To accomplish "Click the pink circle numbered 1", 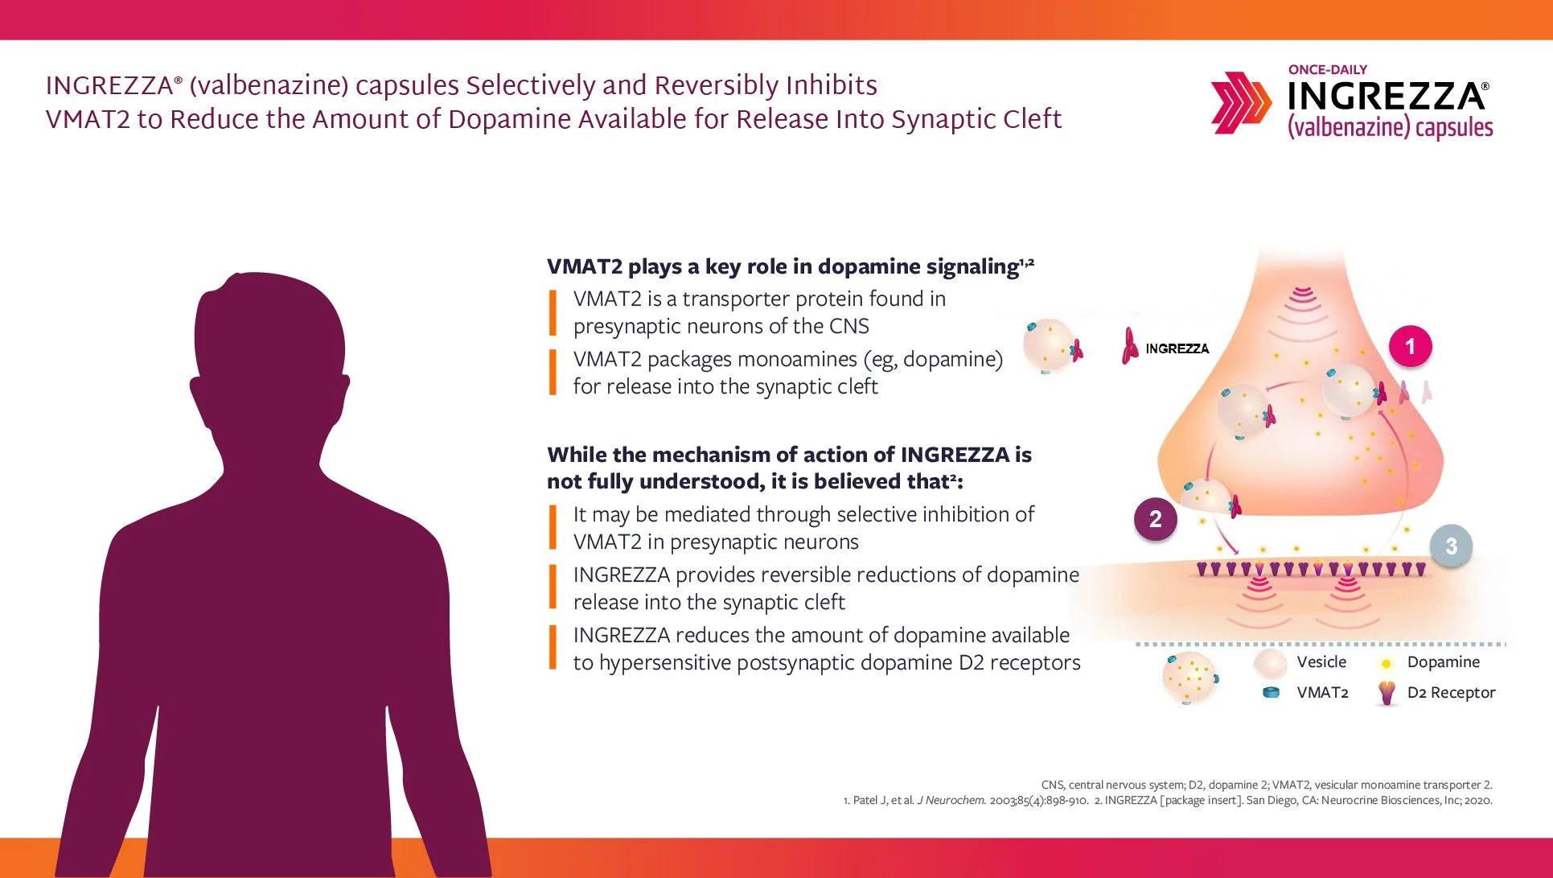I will tap(1410, 347).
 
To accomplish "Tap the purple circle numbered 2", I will tap(1155, 519).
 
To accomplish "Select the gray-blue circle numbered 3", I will tap(1451, 546).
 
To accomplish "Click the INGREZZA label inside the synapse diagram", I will tap(1177, 348).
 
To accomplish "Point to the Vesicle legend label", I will tap(1321, 662).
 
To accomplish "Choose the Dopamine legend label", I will tap(1443, 662).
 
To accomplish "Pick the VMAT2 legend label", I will tap(1322, 692).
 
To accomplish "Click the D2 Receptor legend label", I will tap(1451, 692).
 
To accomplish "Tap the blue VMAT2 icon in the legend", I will tap(1271, 692).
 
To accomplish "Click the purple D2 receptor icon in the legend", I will tap(1387, 692).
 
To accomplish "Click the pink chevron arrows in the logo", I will tap(1240, 102).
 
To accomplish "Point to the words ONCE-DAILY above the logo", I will tap(1327, 70).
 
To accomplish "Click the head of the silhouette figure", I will tap(269, 338).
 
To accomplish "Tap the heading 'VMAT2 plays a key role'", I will tap(783, 266).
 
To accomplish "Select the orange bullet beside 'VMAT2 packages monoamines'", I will tap(553, 372).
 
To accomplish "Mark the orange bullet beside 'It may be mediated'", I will tap(553, 527).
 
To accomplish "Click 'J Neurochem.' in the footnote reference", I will tap(951, 800).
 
